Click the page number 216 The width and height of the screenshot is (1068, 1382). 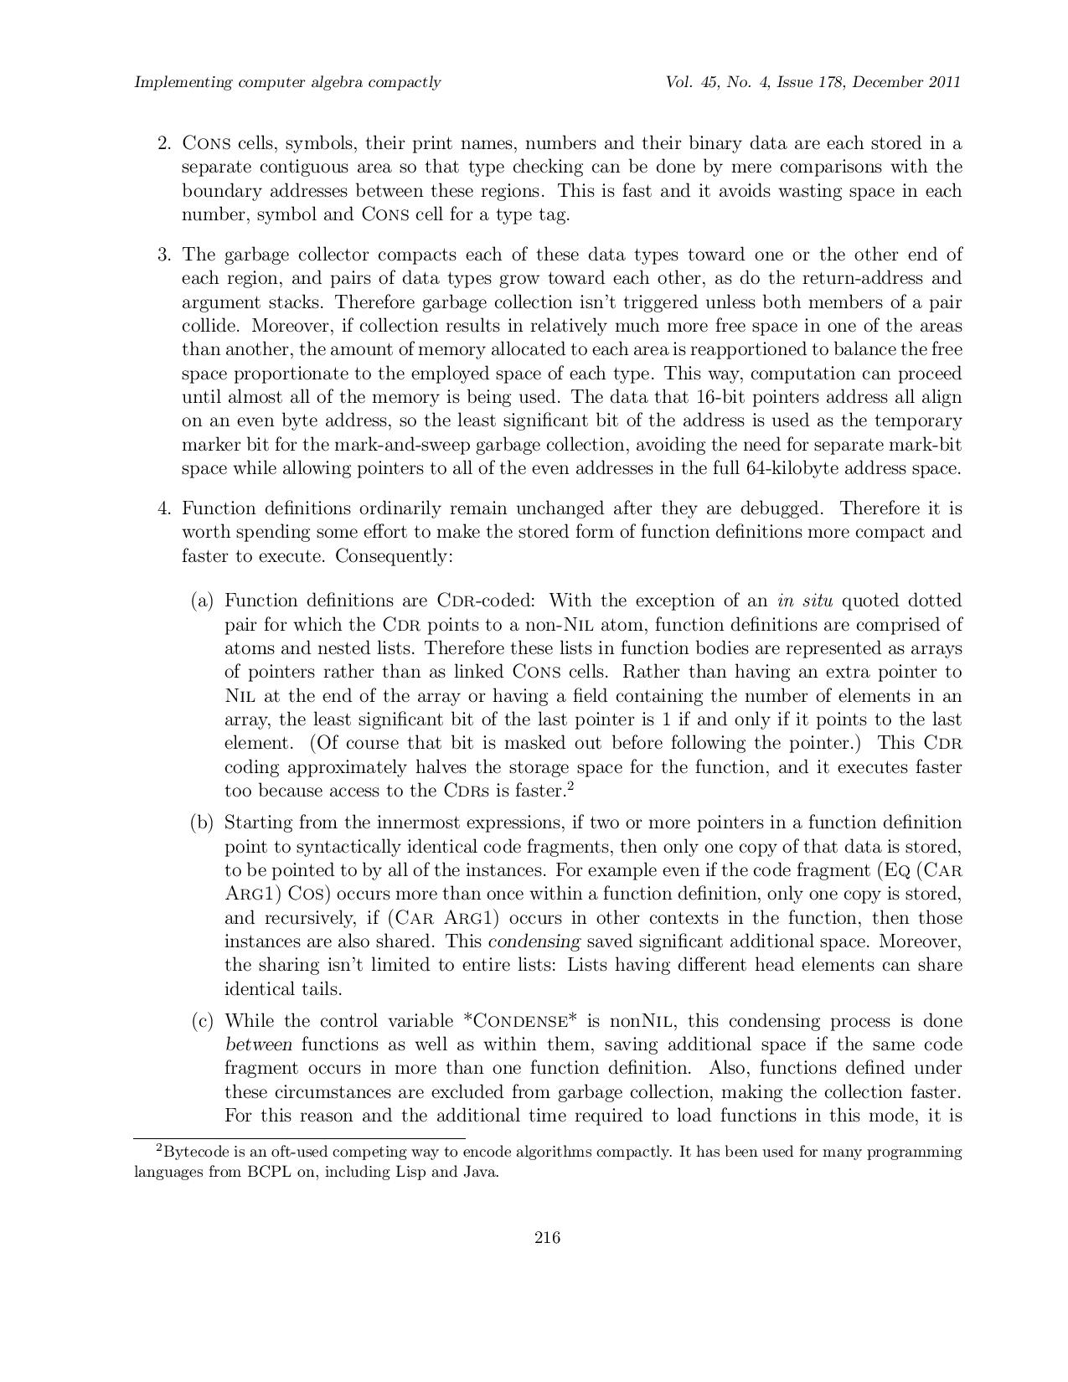pyautogui.click(x=546, y=1237)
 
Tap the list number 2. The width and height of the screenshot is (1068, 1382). pyautogui.click(x=164, y=143)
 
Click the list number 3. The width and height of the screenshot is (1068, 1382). pyautogui.click(x=164, y=255)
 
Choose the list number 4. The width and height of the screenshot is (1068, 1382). pyautogui.click(x=164, y=508)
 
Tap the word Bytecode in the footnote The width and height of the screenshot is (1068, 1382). pyautogui.click(x=193, y=1152)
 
